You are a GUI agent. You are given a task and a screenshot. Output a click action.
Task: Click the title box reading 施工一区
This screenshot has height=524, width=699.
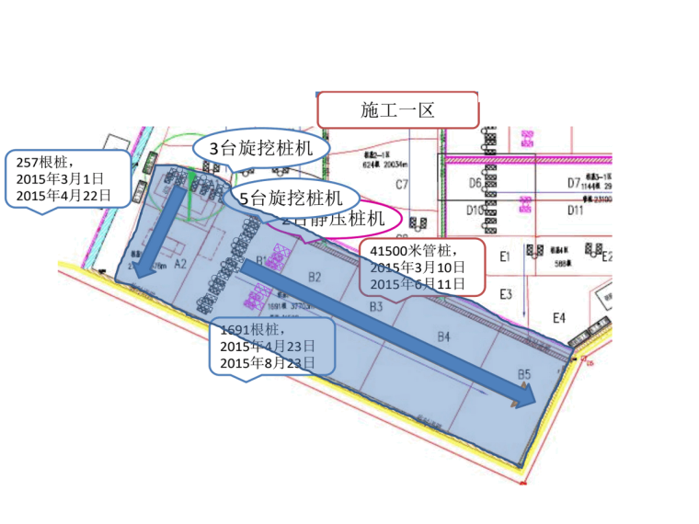pos(397,109)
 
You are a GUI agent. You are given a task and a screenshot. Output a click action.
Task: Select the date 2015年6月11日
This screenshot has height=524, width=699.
pos(418,281)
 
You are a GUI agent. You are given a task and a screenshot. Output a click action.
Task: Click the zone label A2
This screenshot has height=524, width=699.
pos(180,263)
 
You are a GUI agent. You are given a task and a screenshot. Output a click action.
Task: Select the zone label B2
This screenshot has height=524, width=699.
pos(315,276)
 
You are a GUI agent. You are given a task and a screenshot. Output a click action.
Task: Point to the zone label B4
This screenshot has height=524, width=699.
pos(443,337)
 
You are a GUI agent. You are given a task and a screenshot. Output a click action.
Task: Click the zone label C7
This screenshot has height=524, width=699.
pos(402,185)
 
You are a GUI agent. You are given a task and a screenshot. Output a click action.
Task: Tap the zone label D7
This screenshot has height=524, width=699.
pos(573,182)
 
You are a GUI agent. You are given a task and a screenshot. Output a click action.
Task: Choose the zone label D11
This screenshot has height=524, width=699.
pos(575,211)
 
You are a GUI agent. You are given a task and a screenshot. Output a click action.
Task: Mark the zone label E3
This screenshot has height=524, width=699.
pos(505,294)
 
